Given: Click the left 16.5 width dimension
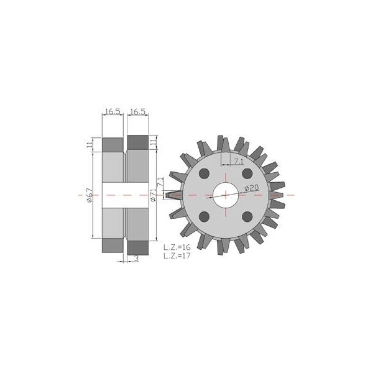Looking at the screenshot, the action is click(x=113, y=111).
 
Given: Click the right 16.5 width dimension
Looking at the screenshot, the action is click(x=138, y=111).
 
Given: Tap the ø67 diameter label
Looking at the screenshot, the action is click(x=90, y=195).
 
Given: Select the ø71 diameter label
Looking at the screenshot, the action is click(x=153, y=195).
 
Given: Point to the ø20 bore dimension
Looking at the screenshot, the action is click(x=251, y=188).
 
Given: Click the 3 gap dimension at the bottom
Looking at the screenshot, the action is click(x=137, y=259).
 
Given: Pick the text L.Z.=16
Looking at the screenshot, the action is click(x=177, y=247).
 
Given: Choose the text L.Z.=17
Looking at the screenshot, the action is click(x=177, y=256).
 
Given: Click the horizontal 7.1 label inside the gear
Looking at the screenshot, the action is click(x=239, y=162).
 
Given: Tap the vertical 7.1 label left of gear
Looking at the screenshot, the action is click(x=161, y=182).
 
